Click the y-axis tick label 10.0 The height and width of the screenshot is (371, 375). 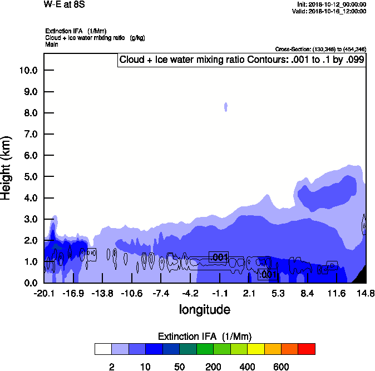pyautogui.click(x=28, y=71)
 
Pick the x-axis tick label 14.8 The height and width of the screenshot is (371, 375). pyautogui.click(x=366, y=293)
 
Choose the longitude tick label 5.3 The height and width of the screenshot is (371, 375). pyautogui.click(x=278, y=293)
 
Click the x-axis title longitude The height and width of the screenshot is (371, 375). pyautogui.click(x=204, y=309)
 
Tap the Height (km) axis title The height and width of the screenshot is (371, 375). pyautogui.click(x=7, y=167)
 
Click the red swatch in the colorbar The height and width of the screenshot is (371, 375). pyautogui.click(x=306, y=349)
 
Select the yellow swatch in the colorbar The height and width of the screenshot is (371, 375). pyautogui.click(x=255, y=349)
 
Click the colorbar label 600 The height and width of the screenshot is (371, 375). pyautogui.click(x=281, y=367)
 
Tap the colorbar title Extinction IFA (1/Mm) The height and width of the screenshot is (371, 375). pyautogui.click(x=205, y=337)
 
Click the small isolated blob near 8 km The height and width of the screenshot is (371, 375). pyautogui.click(x=226, y=107)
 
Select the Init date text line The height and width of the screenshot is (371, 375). pyautogui.click(x=332, y=4)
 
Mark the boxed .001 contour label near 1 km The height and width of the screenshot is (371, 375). pyautogui.click(x=219, y=256)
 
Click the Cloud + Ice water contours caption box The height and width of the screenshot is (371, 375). pyautogui.click(x=241, y=60)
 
